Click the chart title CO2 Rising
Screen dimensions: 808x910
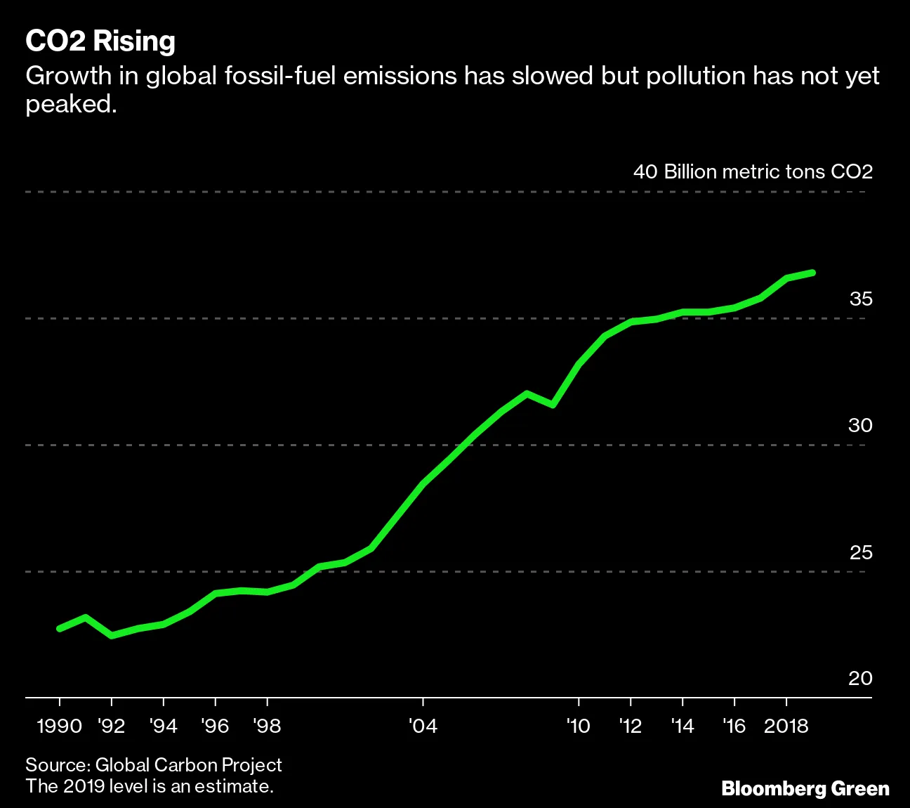pyautogui.click(x=100, y=41)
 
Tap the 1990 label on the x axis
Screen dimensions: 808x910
pyautogui.click(x=60, y=726)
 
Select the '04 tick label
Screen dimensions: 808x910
pyautogui.click(x=423, y=726)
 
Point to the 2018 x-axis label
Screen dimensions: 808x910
pyautogui.click(x=786, y=726)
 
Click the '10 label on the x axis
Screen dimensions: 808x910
pyautogui.click(x=578, y=726)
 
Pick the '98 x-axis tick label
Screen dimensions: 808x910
pyautogui.click(x=267, y=726)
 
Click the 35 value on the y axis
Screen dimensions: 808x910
pyautogui.click(x=860, y=299)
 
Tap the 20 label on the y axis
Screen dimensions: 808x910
pyautogui.click(x=860, y=678)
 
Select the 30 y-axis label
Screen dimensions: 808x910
pyautogui.click(x=860, y=425)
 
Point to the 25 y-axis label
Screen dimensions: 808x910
pyautogui.click(x=860, y=552)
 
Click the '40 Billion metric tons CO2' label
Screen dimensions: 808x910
pyautogui.click(x=753, y=172)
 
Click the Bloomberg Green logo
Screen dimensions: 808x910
pyautogui.click(x=805, y=788)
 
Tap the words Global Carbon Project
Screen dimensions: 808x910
pyautogui.click(x=188, y=764)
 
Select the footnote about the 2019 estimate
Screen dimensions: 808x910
pyautogui.click(x=150, y=786)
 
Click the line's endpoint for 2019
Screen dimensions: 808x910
pyautogui.click(x=812, y=272)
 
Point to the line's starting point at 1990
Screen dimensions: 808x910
pyautogui.click(x=60, y=628)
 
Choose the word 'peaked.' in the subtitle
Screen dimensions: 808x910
pyautogui.click(x=71, y=104)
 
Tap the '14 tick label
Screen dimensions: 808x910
pyautogui.click(x=682, y=726)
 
